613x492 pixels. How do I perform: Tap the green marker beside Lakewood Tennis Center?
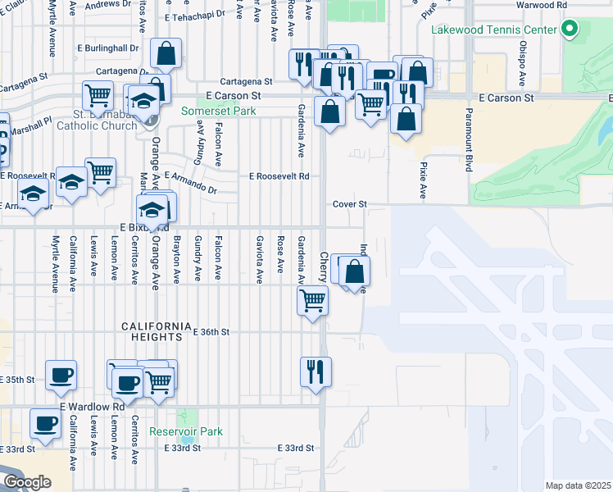[x=570, y=31]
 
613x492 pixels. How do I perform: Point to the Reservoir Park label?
[x=186, y=431]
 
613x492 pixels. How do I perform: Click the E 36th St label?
[x=211, y=332]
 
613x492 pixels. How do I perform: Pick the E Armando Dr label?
[x=190, y=181]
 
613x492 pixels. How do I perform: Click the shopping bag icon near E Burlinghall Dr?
[x=166, y=54]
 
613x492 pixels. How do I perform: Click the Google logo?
[x=27, y=482]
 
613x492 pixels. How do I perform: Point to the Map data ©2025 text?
[x=578, y=485]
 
